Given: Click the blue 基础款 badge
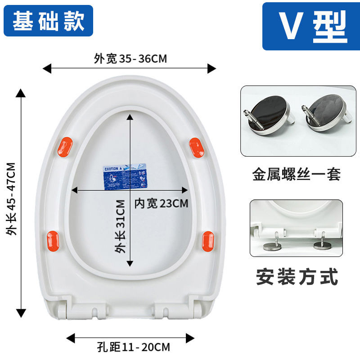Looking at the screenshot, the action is pos(49,21).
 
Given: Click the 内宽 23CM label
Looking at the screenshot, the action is pos(161,203).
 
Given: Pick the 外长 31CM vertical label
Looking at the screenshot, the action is pos(121,227).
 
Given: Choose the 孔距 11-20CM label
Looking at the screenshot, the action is pos(134,347).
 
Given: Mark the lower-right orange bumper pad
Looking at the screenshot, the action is pos(208,240).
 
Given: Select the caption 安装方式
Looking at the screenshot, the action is pos(297,276).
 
